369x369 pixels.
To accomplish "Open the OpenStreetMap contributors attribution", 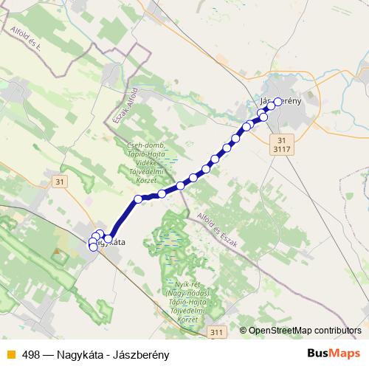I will pos(305,330).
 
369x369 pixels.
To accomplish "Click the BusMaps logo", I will pos(333,354).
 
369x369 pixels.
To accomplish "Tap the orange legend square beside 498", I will pos(10,354).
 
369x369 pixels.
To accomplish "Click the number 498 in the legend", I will pos(31,354).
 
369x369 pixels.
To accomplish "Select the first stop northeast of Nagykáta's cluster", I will pos(138,199).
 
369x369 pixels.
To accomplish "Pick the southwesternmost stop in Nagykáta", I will pos(93,247).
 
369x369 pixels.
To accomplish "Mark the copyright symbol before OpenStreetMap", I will pos(244,330).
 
